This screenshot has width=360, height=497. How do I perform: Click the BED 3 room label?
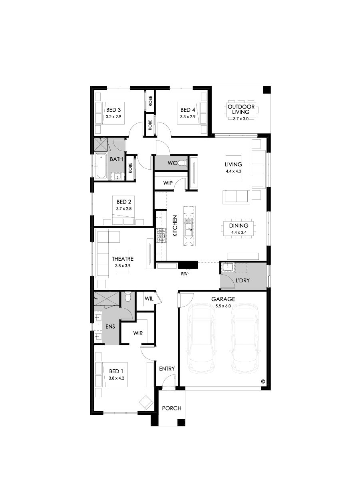coord(113,110)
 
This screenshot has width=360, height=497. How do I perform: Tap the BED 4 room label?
coord(187,110)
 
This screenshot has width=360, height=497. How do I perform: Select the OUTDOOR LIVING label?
coord(241,109)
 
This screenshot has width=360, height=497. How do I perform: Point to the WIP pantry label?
coord(168,183)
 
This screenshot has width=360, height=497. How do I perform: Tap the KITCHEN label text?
coord(175,226)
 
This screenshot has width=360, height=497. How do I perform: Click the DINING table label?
coord(239,226)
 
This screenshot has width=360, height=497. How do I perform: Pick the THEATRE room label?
coord(123,259)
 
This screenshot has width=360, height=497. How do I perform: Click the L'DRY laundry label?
coord(242,281)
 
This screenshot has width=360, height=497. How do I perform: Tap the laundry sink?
coord(227,267)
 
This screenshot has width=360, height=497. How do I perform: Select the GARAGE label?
coord(223,299)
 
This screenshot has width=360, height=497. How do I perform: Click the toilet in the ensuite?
coord(128,297)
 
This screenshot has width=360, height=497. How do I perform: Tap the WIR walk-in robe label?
coord(138,333)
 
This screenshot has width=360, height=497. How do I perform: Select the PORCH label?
coord(171,408)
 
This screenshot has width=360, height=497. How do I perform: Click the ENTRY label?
coord(167,369)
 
